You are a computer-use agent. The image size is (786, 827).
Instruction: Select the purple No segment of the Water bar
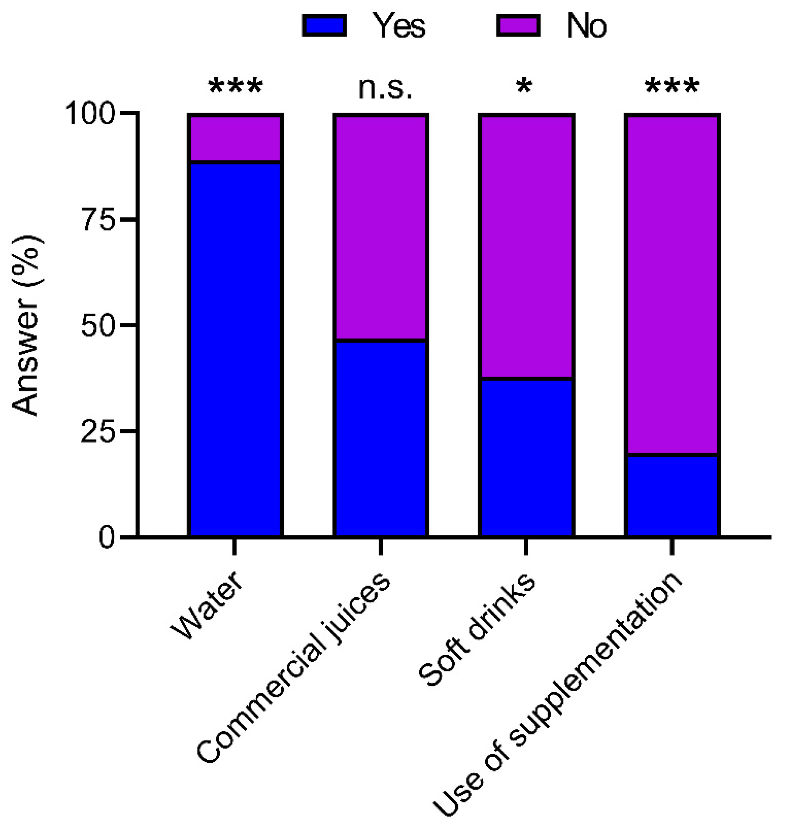235,138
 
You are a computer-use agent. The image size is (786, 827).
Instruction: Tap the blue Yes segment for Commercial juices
381,438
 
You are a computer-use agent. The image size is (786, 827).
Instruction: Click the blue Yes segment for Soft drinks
526,457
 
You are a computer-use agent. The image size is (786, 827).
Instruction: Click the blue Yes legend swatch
324,26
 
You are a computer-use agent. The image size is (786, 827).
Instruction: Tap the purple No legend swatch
518,26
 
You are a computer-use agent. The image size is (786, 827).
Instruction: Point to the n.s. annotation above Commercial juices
385,89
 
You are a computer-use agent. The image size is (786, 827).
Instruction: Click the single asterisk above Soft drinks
524,87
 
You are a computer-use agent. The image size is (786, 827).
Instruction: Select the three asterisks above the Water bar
235,87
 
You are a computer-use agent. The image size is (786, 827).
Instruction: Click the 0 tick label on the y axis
107,538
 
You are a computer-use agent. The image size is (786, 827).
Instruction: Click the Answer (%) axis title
26,326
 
